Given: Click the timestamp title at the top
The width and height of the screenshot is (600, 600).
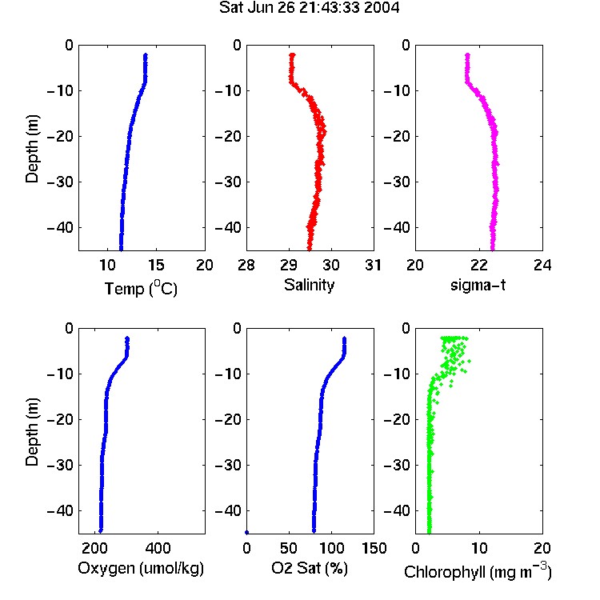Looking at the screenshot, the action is (x=309, y=8).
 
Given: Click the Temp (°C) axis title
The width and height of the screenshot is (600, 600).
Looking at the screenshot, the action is (x=141, y=288).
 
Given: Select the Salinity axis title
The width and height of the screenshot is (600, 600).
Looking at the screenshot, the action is (x=309, y=285).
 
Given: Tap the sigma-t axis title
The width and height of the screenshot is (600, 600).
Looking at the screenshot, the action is (x=478, y=285).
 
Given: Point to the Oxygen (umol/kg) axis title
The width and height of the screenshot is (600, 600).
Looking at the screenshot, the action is (x=141, y=568).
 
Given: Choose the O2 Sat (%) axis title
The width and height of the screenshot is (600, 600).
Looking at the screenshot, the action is (x=310, y=568).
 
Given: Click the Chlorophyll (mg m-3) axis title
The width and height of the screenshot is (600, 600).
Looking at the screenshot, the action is (x=478, y=571).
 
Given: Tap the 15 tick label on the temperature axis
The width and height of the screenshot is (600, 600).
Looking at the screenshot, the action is (x=156, y=265).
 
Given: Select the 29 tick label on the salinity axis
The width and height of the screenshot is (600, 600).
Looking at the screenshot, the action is (x=289, y=265).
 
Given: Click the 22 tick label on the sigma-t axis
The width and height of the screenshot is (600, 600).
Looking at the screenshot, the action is (x=479, y=265).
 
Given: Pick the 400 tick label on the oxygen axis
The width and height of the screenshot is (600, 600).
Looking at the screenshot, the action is (x=158, y=548).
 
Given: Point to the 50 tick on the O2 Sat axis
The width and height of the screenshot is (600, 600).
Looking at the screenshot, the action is (x=289, y=548).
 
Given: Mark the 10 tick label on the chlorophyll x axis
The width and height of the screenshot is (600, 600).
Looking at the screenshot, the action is (x=479, y=548).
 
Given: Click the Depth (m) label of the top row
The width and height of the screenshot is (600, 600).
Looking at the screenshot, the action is (x=32, y=149).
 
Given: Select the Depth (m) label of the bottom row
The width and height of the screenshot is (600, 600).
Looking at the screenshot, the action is (x=32, y=432).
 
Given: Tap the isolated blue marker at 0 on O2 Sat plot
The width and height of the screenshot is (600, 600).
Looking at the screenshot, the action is (x=247, y=532).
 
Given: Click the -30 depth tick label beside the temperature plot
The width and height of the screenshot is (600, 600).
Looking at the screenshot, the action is (x=60, y=182).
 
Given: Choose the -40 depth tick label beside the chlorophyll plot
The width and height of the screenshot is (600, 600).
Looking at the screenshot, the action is (x=397, y=510).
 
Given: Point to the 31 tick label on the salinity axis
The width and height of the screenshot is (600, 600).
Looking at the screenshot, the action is (x=373, y=265).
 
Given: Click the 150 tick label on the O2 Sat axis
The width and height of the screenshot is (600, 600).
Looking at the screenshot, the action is (x=374, y=548).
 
